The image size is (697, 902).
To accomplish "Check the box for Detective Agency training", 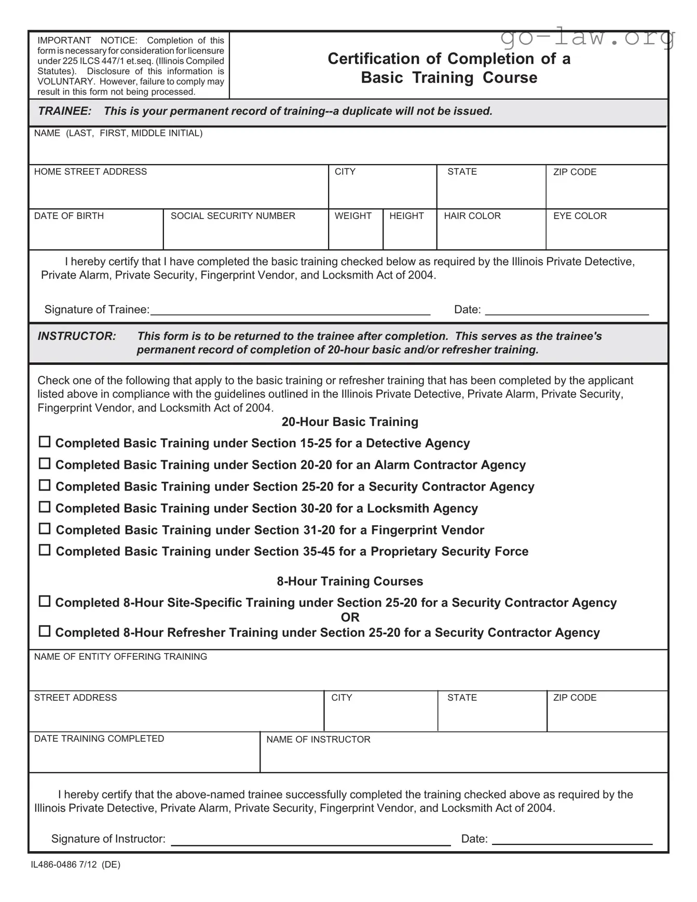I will tap(45, 442).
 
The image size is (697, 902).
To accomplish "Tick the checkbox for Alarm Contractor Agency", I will tap(45, 463).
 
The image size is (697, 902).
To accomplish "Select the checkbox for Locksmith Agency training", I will tap(45, 507).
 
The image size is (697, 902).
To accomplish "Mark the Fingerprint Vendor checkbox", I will tap(45, 528).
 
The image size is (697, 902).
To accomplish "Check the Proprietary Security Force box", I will tap(45, 550).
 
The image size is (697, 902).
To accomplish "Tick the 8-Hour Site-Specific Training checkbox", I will tap(45, 601).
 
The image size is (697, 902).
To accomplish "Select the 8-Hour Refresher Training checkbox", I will tap(45, 631).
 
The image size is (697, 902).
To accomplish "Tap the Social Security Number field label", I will tap(233, 216).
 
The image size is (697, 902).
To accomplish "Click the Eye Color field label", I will tap(580, 216).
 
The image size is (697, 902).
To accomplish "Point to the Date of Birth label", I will tap(69, 216).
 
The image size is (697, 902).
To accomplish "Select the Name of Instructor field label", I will tap(318, 740).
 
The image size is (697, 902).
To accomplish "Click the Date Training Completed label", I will tap(99, 739).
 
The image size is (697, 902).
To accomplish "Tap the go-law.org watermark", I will tap(587, 37).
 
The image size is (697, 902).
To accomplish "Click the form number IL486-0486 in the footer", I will tap(53, 865).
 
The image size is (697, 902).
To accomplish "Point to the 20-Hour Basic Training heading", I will tap(349, 422).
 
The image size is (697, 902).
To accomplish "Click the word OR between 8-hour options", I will tap(350, 618).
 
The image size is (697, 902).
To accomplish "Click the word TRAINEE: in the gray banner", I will tap(64, 111).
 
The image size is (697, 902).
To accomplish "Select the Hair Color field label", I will tap(472, 216).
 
